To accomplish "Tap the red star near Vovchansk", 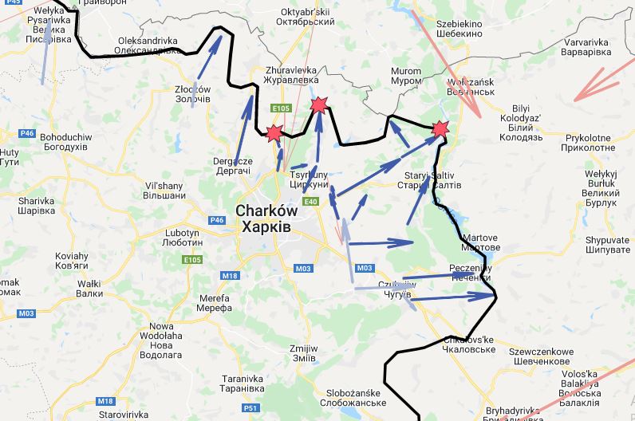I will click(x=440, y=128).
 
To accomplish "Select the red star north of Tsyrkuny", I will click(x=319, y=104).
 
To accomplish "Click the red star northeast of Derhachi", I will click(x=274, y=134).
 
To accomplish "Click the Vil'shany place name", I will click(x=165, y=189).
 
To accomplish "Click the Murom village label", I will click(x=406, y=77).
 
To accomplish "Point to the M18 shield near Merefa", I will click(x=230, y=276).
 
